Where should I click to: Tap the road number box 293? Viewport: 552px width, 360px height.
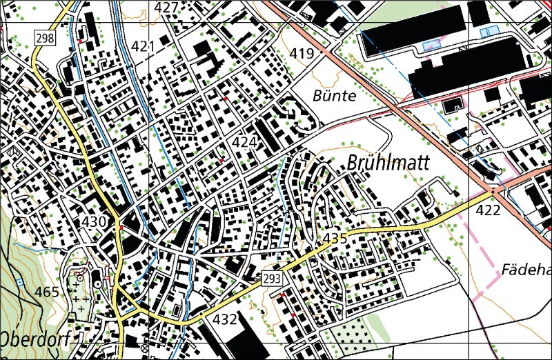click(x=271, y=279)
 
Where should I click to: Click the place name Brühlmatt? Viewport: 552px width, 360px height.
click(x=388, y=163)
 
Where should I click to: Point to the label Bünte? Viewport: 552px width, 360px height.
click(x=334, y=96)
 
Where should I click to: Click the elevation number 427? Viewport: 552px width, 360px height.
click(x=166, y=8)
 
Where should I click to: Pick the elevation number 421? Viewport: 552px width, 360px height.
click(x=143, y=46)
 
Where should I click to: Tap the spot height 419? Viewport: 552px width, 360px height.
click(x=302, y=53)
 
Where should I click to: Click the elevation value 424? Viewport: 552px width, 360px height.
click(x=245, y=142)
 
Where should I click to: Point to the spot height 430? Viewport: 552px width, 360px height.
click(x=94, y=221)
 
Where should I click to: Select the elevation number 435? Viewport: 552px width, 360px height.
click(x=335, y=239)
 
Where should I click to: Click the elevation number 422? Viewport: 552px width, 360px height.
click(x=488, y=210)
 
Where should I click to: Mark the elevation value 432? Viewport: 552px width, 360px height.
click(x=225, y=319)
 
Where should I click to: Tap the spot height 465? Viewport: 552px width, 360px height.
click(x=47, y=292)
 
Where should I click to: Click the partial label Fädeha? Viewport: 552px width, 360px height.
click(x=526, y=269)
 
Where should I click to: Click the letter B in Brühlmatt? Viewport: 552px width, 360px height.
click(x=354, y=163)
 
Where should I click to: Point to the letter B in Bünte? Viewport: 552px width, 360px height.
click(x=317, y=96)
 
